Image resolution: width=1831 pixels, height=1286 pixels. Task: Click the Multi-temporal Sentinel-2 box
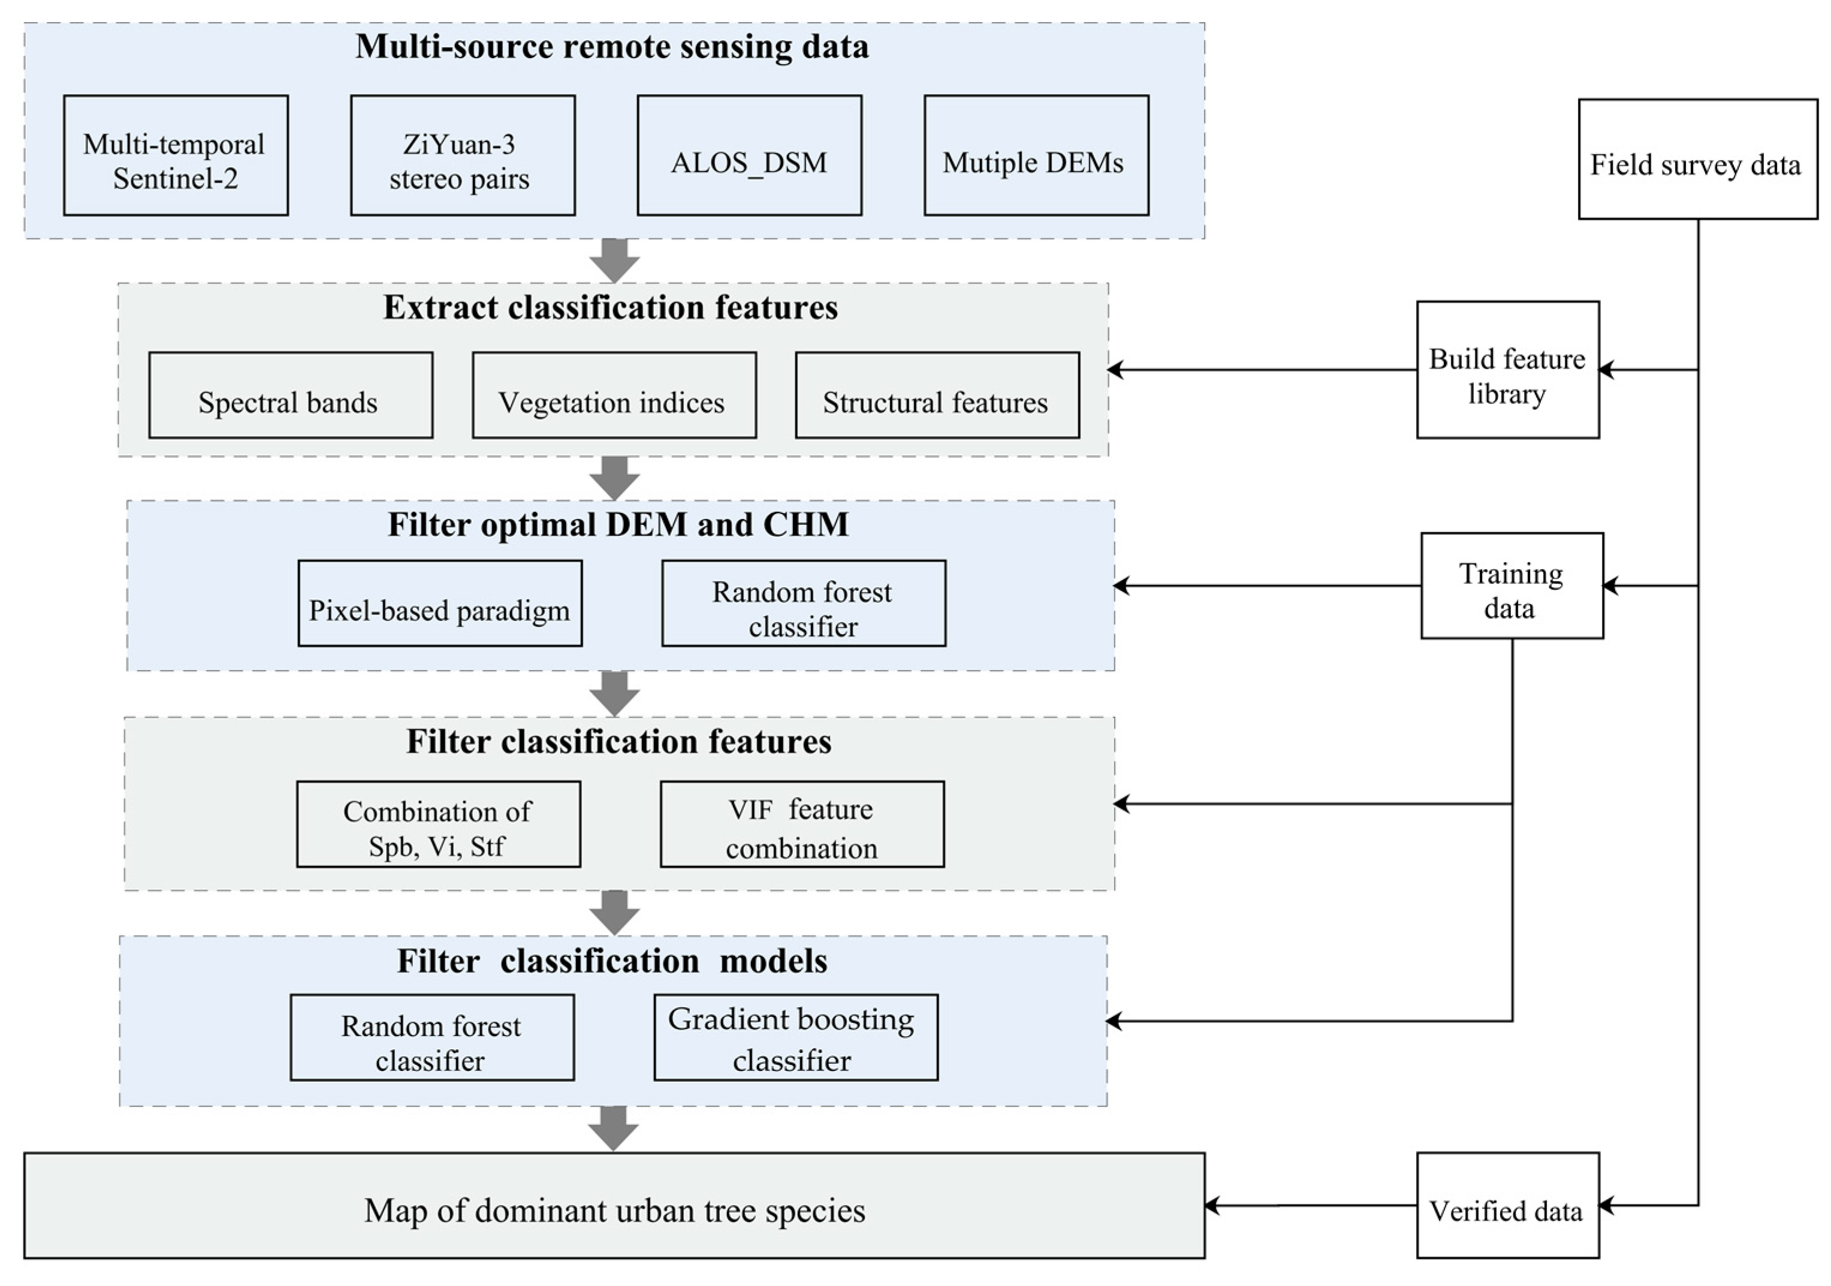tap(176, 155)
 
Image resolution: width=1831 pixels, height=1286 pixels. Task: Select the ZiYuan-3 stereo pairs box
tap(463, 155)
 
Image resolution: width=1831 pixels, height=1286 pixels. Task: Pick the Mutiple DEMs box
tap(1036, 155)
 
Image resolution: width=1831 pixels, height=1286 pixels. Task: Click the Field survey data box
tap(1698, 159)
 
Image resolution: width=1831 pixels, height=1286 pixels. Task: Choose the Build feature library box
tap(1507, 370)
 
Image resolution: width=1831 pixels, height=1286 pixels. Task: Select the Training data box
tap(1511, 586)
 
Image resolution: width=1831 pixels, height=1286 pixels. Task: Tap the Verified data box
tap(1507, 1206)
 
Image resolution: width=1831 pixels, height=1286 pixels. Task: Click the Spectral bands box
tap(290, 396)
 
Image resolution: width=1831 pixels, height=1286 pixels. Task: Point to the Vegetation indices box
tap(614, 396)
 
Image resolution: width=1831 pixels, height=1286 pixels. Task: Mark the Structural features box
tap(937, 396)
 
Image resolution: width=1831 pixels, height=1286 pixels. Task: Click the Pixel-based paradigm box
tap(439, 603)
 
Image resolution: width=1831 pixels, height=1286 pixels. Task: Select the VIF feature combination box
tap(801, 825)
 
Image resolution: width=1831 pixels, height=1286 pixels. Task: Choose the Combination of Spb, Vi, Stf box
tap(438, 825)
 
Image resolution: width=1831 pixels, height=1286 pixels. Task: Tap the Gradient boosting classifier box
tap(795, 1037)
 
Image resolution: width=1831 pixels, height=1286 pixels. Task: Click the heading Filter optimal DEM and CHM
tap(618, 524)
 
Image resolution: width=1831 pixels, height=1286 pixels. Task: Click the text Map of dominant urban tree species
tap(614, 1210)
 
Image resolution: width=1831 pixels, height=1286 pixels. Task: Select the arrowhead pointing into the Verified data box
tap(1606, 1206)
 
